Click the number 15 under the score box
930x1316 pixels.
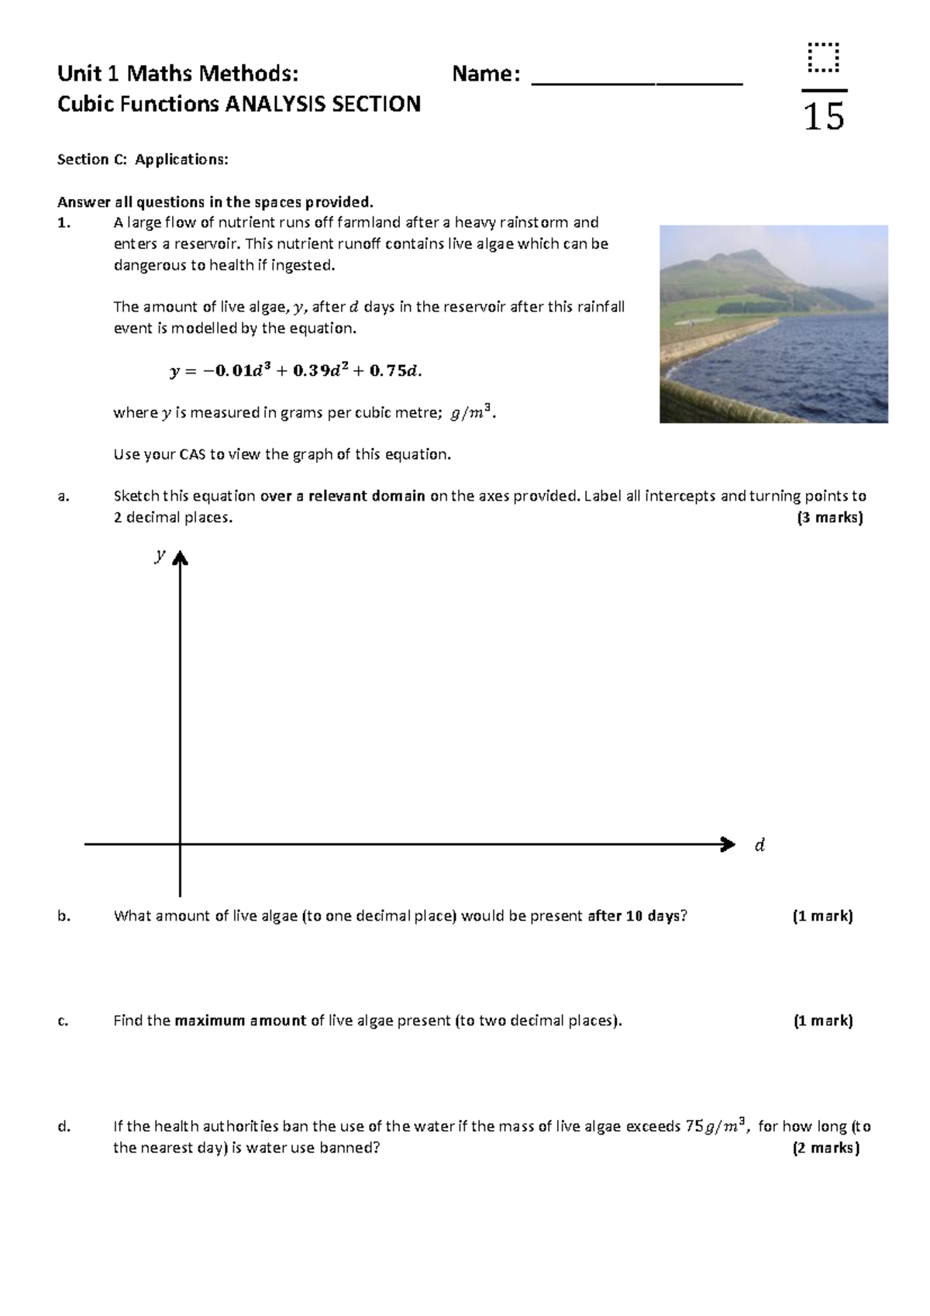tap(824, 117)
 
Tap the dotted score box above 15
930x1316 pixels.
tap(823, 57)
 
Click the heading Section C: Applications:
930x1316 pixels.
tap(143, 160)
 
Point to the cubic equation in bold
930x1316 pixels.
tap(295, 370)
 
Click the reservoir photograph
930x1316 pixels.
tap(773, 324)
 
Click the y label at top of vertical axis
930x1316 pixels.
tap(160, 555)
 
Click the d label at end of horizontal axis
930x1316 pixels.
tap(759, 845)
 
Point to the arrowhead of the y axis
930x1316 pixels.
tap(180, 557)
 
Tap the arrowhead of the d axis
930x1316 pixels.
tap(728, 844)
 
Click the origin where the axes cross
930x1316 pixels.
tap(180, 844)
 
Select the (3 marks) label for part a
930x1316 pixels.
tap(829, 518)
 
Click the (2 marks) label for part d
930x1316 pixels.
tap(826, 1148)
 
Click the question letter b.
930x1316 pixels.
tap(64, 916)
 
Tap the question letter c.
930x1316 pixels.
tap(63, 1021)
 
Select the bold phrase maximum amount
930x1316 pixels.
tap(240, 1021)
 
